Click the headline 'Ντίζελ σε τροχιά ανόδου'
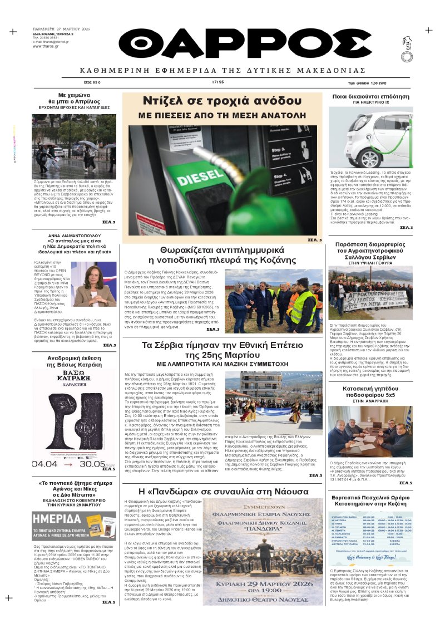[x=222, y=101]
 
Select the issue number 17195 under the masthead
[x=217, y=82]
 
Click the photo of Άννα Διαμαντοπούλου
[x=94, y=284]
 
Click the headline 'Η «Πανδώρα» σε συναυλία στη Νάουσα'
[x=222, y=493]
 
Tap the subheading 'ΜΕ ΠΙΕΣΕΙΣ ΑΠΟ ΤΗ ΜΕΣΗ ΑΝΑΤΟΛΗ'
[x=222, y=115]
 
